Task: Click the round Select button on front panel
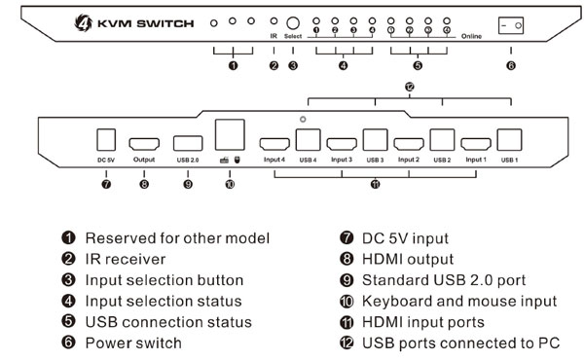pyautogui.click(x=293, y=23)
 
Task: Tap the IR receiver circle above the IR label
pyautogui.click(x=274, y=21)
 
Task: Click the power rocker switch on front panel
pyautogui.click(x=511, y=25)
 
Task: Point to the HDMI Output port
pyautogui.click(x=144, y=144)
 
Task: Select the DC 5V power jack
pyautogui.click(x=106, y=140)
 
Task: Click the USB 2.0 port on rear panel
pyautogui.click(x=188, y=143)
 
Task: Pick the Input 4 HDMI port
pyautogui.click(x=274, y=144)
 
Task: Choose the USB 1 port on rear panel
pyautogui.click(x=509, y=140)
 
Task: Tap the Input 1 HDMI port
pyautogui.click(x=476, y=144)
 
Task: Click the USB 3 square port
pyautogui.click(x=375, y=140)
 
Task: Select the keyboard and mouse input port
pyautogui.click(x=230, y=135)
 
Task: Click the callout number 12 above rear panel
pyautogui.click(x=410, y=87)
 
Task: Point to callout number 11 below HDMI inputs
pyautogui.click(x=375, y=184)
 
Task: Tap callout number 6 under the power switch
pyautogui.click(x=511, y=65)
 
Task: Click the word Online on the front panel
pyautogui.click(x=471, y=36)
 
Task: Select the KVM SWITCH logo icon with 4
pyautogui.click(x=84, y=22)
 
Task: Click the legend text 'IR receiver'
pyautogui.click(x=126, y=259)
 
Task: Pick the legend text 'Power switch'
pyautogui.click(x=133, y=342)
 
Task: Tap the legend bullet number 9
pyautogui.click(x=347, y=280)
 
